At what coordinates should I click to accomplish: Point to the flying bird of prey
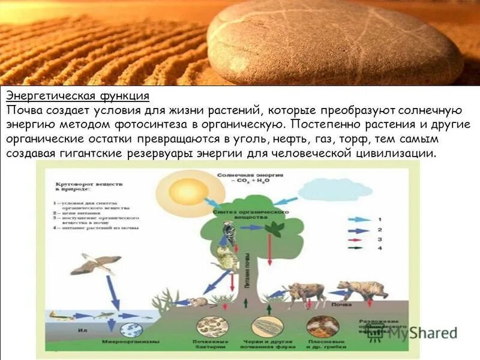(98, 263)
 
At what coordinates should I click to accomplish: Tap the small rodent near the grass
(198, 301)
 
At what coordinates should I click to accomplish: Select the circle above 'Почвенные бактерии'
(210, 328)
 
